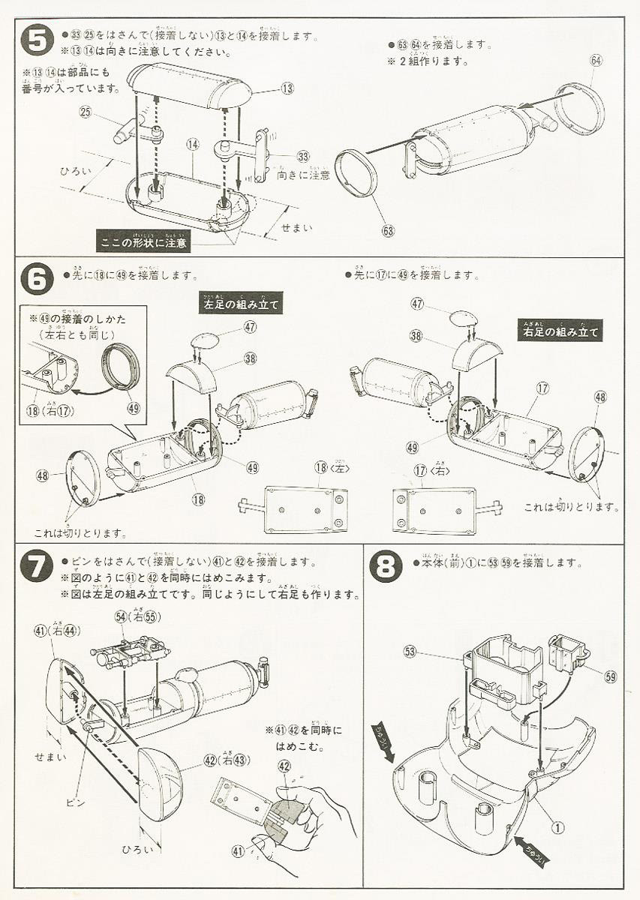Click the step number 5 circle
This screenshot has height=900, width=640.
tap(37, 40)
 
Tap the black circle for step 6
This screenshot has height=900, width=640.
tap(37, 280)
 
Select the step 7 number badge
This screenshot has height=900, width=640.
tap(37, 565)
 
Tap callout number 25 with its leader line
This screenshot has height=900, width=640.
tap(85, 112)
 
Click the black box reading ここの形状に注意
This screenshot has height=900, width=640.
tap(145, 241)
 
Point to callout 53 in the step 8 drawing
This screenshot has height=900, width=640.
tap(410, 650)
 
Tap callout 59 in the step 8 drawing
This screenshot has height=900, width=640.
tap(610, 676)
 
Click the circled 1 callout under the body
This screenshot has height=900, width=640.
tap(557, 827)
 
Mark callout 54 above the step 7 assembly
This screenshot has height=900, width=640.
tap(120, 616)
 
